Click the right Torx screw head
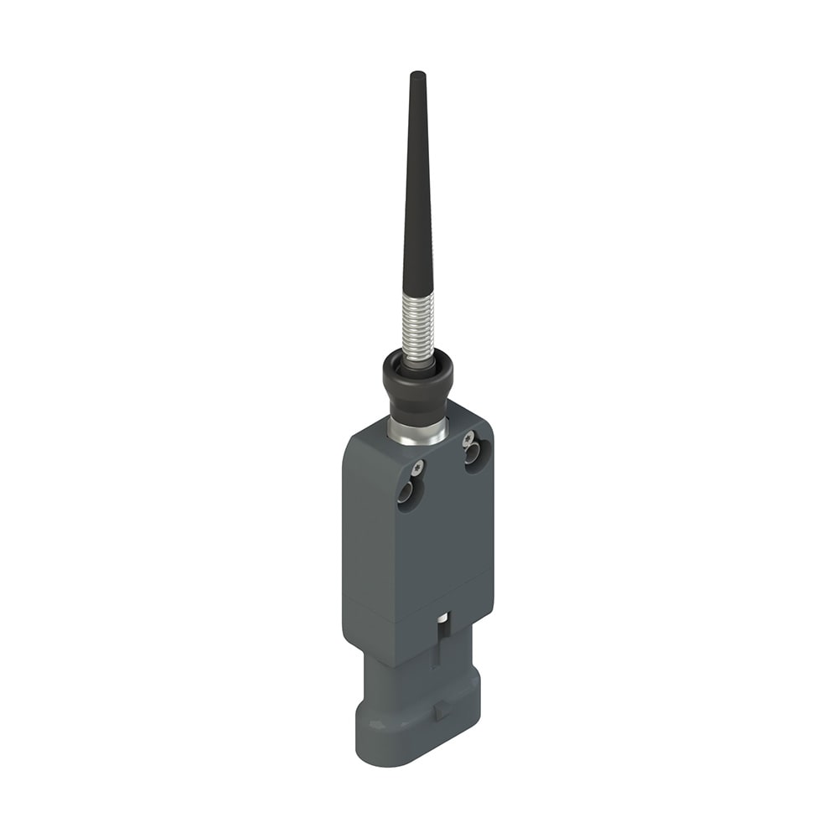[x=468, y=437]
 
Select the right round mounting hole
[x=473, y=455]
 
